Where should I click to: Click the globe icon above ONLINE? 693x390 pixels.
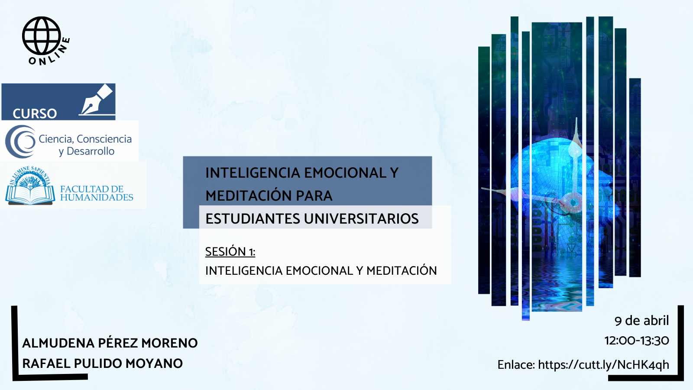click(41, 36)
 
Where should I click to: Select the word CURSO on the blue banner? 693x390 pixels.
click(35, 114)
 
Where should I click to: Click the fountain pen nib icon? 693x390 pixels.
click(96, 100)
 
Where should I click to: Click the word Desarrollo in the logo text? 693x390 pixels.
click(91, 151)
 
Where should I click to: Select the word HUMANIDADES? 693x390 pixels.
click(97, 197)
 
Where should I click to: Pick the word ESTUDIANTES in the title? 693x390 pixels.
click(253, 218)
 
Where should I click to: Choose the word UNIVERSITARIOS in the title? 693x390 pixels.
click(361, 218)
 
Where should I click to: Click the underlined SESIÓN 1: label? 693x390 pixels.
click(230, 252)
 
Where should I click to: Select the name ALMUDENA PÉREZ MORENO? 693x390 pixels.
click(110, 343)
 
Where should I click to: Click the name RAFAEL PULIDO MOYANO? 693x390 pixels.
click(102, 364)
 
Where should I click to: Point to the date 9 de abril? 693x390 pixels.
click(641, 321)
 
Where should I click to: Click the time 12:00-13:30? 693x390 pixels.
click(637, 341)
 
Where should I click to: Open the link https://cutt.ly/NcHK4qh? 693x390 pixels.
click(604, 364)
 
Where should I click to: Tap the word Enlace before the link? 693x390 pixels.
click(516, 364)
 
